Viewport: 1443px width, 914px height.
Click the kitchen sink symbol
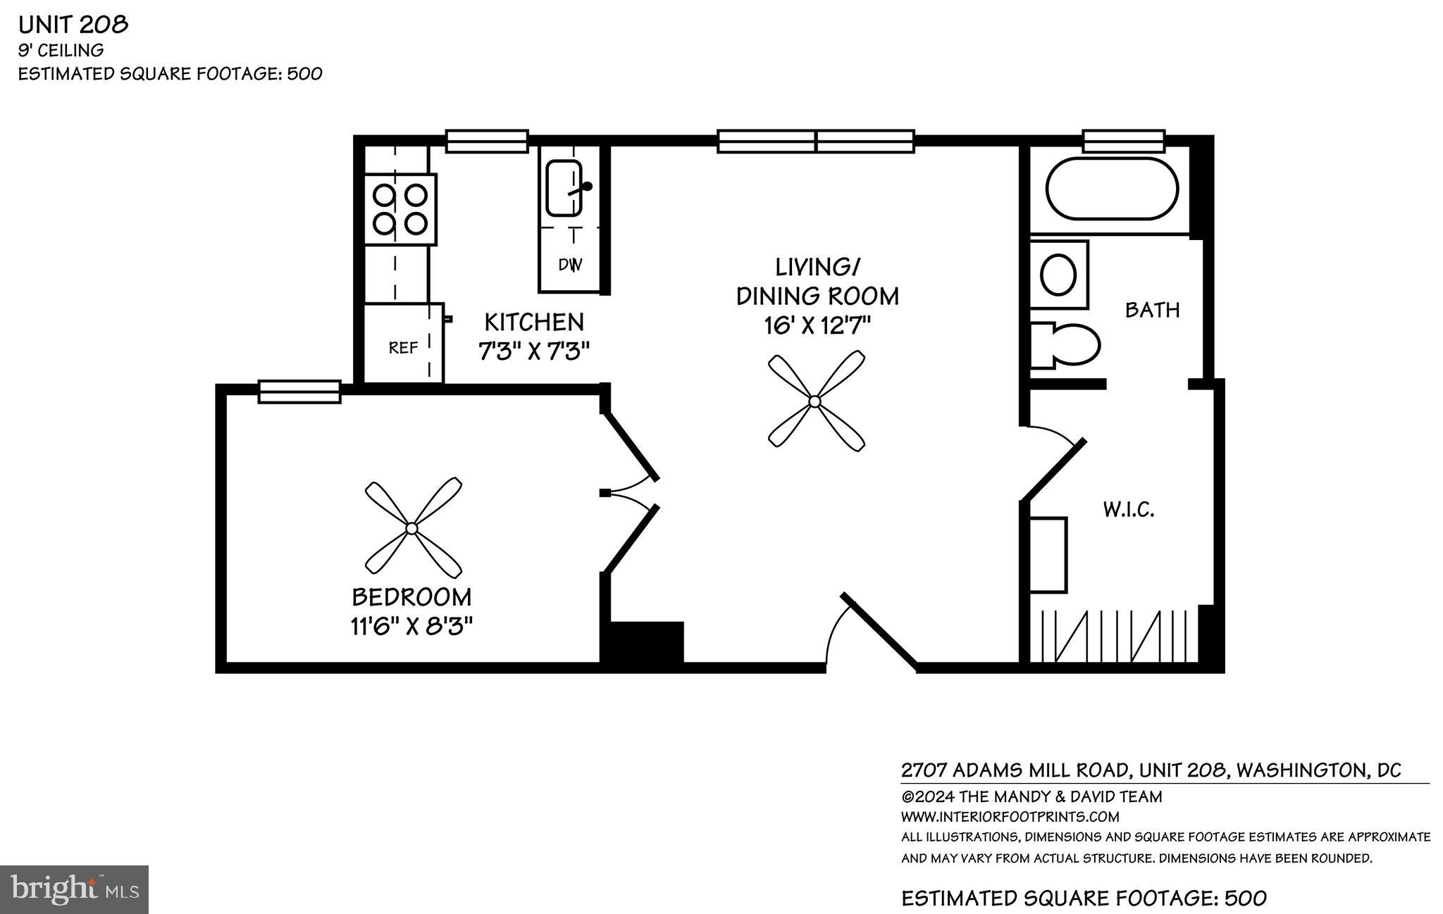[x=564, y=188]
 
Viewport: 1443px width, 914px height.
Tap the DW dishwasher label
[x=570, y=265]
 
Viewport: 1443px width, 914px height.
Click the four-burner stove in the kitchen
[x=400, y=209]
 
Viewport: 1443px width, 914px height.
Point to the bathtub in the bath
[x=1111, y=188]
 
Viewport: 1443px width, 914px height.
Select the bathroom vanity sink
[x=1058, y=275]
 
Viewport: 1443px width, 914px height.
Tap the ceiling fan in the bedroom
[x=412, y=527]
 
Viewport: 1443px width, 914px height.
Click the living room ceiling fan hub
[x=815, y=401]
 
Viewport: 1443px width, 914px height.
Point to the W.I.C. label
[x=1128, y=509]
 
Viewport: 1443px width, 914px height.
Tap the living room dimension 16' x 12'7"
[x=817, y=325]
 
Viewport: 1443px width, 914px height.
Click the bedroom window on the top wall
[x=299, y=392]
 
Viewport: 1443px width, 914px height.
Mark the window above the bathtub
[x=1123, y=141]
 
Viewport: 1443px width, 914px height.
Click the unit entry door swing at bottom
[x=860, y=634]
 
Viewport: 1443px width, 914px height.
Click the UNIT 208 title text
[x=73, y=25]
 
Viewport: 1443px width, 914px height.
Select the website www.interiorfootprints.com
[x=1010, y=817]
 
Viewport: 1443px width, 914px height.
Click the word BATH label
[x=1152, y=310]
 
